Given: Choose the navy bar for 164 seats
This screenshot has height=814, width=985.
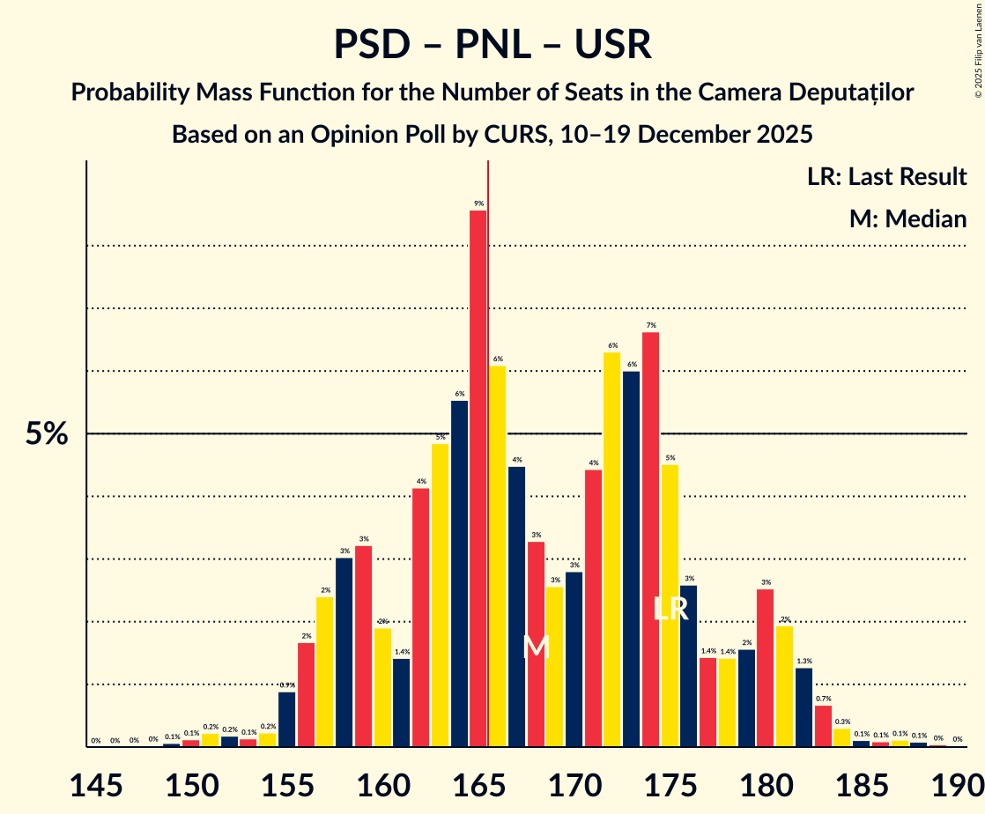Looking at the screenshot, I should pos(459,573).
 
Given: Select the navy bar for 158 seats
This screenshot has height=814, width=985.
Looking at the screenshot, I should pos(344,652).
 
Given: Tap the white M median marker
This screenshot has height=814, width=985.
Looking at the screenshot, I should pos(536,647).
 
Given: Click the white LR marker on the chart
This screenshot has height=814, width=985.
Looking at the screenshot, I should pos(670,609).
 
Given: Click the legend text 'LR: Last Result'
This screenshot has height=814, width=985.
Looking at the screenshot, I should pos(886,176).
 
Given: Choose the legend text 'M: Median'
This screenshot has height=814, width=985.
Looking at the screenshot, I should pos(907,218).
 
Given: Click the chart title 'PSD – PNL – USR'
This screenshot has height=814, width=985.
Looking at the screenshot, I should pos(493,44).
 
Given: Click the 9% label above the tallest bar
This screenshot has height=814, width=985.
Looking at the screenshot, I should pos(478,203).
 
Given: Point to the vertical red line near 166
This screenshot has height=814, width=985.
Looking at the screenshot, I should pos(488,440).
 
